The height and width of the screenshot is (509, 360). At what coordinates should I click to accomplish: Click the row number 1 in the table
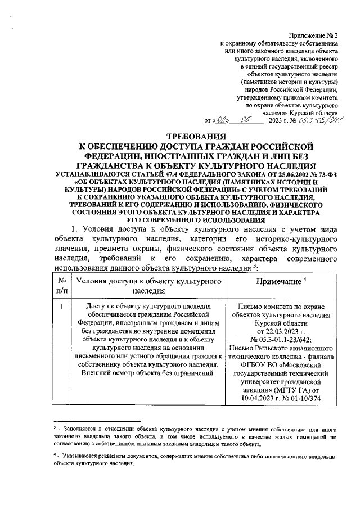click(x=61, y=307)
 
